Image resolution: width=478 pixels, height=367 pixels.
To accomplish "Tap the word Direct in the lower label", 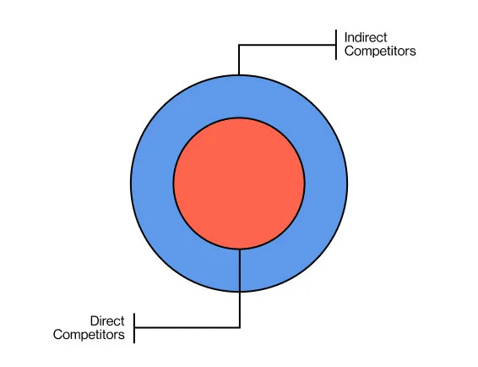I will (107, 321).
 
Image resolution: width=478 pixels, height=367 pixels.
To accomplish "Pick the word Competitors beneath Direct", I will (89, 335).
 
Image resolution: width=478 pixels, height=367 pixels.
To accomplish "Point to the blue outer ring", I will (152, 182).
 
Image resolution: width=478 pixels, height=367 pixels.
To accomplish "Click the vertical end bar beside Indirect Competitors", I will (336, 45).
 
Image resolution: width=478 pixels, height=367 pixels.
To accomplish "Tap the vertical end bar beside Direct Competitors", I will (135, 327).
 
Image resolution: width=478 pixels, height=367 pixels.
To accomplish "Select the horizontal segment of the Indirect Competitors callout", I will (287, 46).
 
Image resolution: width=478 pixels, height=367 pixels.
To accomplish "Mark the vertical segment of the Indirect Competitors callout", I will (239, 59).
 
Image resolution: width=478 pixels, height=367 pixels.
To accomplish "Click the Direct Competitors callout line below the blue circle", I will (240, 309).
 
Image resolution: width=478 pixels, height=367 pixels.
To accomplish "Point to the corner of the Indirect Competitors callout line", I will (239, 46).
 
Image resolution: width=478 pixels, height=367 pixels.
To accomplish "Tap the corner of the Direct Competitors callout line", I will (240, 327).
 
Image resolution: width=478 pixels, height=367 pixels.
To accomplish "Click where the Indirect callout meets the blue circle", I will (239, 74).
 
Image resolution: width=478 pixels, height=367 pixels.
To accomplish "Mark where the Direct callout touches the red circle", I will (240, 249).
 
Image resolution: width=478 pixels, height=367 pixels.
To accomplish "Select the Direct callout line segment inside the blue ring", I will (240, 270).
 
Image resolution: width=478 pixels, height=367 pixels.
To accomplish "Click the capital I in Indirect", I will (346, 38).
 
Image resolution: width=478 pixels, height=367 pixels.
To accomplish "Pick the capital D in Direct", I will (93, 321).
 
